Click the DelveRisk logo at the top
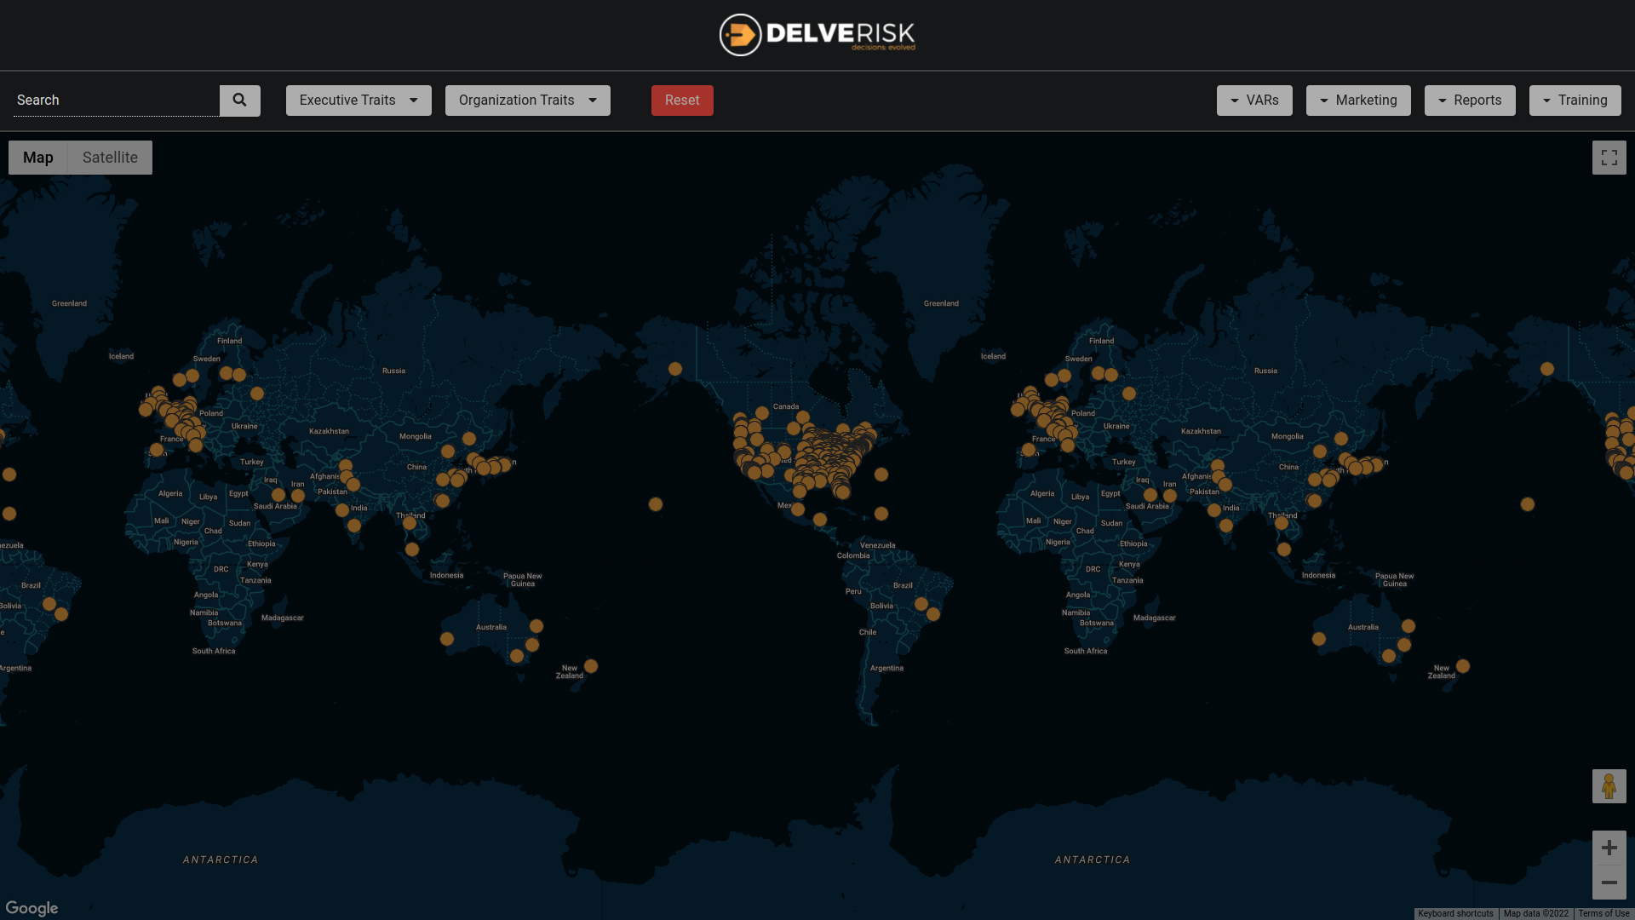[x=817, y=35]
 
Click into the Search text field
[x=117, y=101]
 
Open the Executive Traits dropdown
[x=359, y=101]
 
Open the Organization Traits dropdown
[x=527, y=101]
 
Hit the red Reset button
[x=682, y=101]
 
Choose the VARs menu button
[x=1254, y=101]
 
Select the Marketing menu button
[x=1358, y=101]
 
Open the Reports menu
[x=1470, y=101]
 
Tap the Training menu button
[x=1575, y=101]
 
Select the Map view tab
[x=38, y=158]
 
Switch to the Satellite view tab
[x=110, y=158]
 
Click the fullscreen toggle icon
[x=1609, y=158]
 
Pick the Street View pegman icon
[x=1609, y=786]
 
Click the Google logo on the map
[x=32, y=908]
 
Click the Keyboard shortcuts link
[x=1455, y=914]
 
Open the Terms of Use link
[x=1603, y=914]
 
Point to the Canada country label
[x=785, y=406]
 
